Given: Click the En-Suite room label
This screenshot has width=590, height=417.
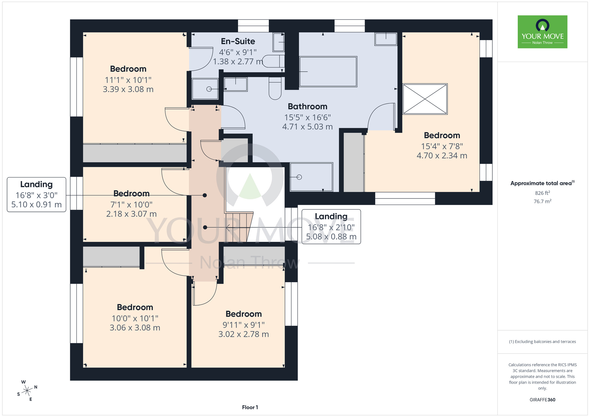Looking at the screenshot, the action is [x=238, y=41].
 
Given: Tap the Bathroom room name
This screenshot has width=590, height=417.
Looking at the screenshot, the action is [x=307, y=106].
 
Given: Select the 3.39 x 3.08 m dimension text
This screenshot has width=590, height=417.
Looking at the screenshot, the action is [x=128, y=89].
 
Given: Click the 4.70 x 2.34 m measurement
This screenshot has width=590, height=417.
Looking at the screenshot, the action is [x=442, y=156].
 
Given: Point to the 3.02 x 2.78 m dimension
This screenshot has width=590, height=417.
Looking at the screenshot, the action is [x=243, y=334].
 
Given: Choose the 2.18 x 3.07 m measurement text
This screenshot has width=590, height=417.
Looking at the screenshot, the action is [x=131, y=214].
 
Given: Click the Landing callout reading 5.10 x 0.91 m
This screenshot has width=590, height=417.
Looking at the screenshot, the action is [x=36, y=194].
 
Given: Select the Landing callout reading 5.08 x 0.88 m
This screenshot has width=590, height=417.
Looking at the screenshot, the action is [x=331, y=227].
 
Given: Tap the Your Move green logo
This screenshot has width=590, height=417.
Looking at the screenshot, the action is [x=542, y=32].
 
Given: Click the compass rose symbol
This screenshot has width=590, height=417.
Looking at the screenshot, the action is [x=27, y=391].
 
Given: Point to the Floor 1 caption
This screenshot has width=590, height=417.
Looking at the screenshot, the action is [x=250, y=407].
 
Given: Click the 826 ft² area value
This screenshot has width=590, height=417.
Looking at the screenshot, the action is [x=542, y=193].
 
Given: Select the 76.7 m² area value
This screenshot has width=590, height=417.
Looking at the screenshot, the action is [x=542, y=201].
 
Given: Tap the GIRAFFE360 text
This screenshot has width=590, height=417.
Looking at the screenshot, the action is [x=542, y=400].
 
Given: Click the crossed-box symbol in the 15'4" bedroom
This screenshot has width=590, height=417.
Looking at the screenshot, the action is [x=425, y=99].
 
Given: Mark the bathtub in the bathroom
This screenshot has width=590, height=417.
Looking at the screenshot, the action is [x=328, y=72].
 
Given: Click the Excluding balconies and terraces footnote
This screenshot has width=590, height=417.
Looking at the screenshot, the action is [x=542, y=342].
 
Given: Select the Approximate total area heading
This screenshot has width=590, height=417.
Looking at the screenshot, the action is [x=542, y=183].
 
